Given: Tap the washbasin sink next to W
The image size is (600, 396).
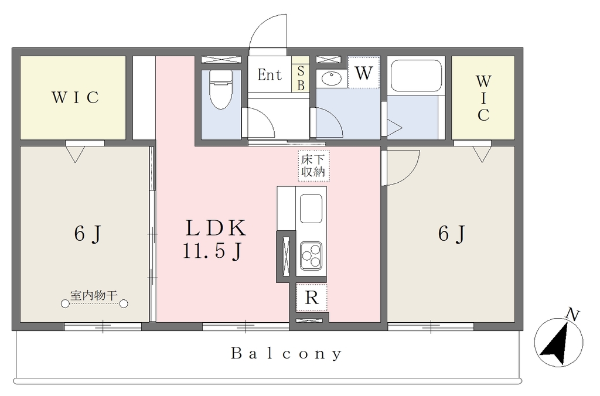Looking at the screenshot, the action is pos(332,79).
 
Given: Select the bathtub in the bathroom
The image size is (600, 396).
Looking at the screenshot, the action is pos(416,75).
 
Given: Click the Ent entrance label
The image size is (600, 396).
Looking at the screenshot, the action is pos(270,74).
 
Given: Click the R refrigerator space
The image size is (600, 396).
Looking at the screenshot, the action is pos(312,297).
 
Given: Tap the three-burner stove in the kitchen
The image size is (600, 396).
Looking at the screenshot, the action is pos(311,256).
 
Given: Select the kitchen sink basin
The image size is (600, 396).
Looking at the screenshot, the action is pos(311,209).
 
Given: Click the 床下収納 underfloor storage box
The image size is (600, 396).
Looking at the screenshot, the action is pos(314,166).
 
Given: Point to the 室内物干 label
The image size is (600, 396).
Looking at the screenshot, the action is pos(94,295).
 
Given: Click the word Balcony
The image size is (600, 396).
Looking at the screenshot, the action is pos(286,354).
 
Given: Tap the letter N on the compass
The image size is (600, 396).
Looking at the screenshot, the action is pos(572,315).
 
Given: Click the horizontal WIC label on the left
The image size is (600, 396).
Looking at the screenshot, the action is pos(76,98).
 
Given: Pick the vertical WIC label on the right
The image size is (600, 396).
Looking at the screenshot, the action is pos(483,98).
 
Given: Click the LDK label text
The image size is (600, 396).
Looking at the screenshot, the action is pos(216,228).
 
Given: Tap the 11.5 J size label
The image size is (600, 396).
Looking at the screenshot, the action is pos(213,252).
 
